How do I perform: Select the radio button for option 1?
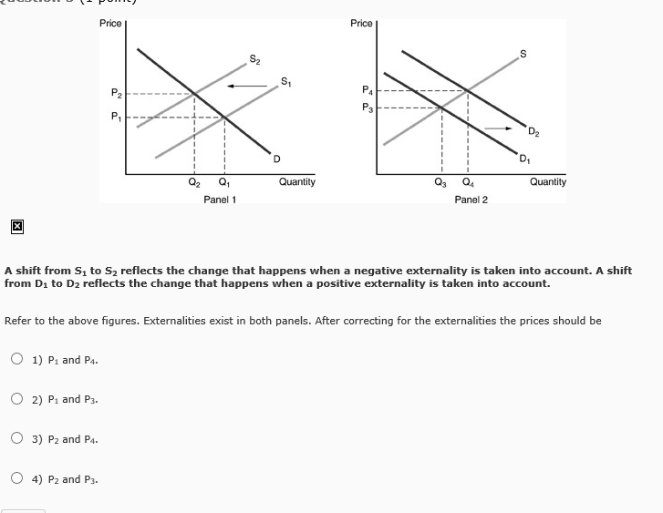(17, 359)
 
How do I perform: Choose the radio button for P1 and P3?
(17, 399)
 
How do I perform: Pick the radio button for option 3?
(17, 439)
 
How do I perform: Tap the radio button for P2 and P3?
(17, 479)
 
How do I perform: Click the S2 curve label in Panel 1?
(254, 60)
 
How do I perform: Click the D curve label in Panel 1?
(275, 160)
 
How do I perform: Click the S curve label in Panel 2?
(523, 53)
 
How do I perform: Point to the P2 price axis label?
(116, 93)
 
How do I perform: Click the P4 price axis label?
(367, 89)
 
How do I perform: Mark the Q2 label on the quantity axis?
(193, 182)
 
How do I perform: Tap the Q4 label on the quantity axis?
(469, 182)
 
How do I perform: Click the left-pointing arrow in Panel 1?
(242, 87)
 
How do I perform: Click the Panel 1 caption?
(220, 200)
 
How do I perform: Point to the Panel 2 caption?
(471, 200)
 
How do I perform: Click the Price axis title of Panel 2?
(361, 23)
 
